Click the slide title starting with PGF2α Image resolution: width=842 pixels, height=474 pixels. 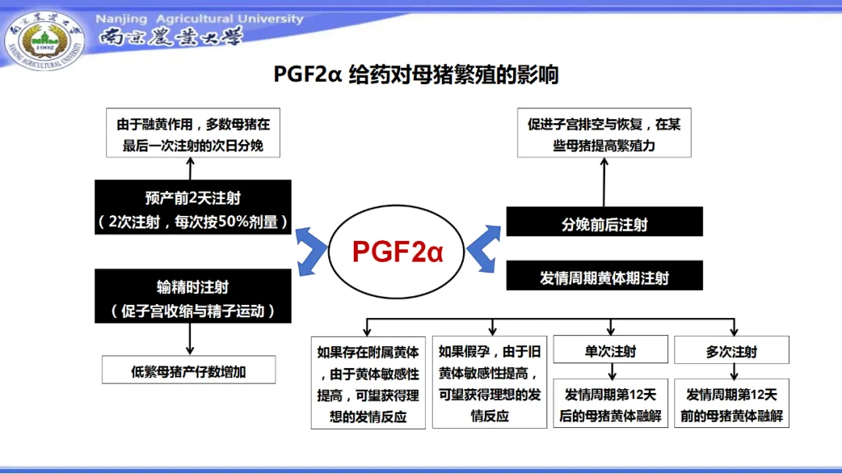tap(416, 75)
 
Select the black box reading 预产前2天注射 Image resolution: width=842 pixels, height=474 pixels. tap(193, 207)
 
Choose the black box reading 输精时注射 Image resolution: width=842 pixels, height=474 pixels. tap(193, 296)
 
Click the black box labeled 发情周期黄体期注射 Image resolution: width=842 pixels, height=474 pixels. tap(604, 276)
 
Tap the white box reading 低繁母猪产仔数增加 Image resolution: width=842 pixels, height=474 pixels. tap(189, 370)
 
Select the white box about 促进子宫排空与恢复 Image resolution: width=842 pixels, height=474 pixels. tap(604, 133)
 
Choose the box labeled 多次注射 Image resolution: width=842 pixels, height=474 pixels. tap(731, 350)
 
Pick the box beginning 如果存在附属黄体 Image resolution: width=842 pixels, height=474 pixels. tap(369, 383)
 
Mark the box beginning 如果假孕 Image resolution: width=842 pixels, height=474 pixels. tap(490, 383)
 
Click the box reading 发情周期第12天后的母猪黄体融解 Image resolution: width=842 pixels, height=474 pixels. tap(610, 403)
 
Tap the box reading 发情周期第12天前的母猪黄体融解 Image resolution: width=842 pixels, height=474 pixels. tap(731, 403)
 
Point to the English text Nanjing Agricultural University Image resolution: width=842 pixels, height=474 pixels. tap(200, 19)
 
